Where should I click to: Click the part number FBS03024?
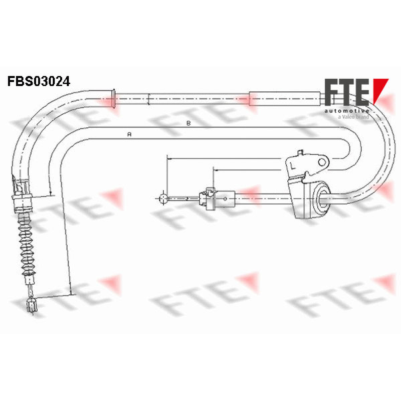pyautogui.click(x=39, y=81)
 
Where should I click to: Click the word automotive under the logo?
pyautogui.click(x=346, y=111)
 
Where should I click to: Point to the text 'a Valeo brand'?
pyautogui.click(x=353, y=117)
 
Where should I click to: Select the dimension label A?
pyautogui.click(x=129, y=134)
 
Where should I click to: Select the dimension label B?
pyautogui.click(x=188, y=123)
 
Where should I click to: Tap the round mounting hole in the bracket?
pyautogui.click(x=322, y=162)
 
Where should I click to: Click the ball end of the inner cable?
pyautogui.click(x=163, y=198)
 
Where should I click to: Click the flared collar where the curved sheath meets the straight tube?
pyautogui.click(x=114, y=98)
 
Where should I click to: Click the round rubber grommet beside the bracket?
pyautogui.click(x=321, y=198)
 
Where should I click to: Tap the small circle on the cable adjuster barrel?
pyautogui.click(x=225, y=198)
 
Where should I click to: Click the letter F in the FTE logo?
pyautogui.click(x=333, y=92)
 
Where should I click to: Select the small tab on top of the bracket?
pyautogui.click(x=301, y=152)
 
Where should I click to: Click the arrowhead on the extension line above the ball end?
pyautogui.click(x=169, y=159)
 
